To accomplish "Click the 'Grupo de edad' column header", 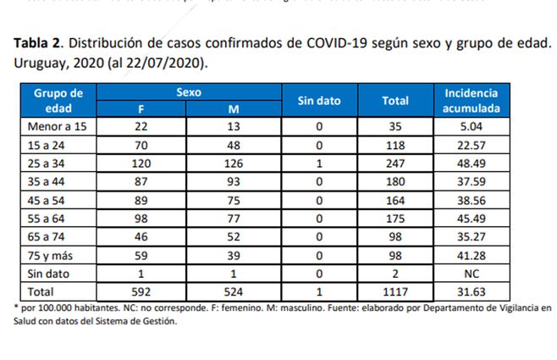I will click(x=58, y=101).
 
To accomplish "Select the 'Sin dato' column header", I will click(x=319, y=101).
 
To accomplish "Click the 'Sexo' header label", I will click(x=188, y=92).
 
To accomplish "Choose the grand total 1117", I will click(x=395, y=293).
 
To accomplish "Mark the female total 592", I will click(x=141, y=293).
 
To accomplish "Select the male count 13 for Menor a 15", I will click(x=235, y=126).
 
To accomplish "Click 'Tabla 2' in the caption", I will click(x=40, y=44).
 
